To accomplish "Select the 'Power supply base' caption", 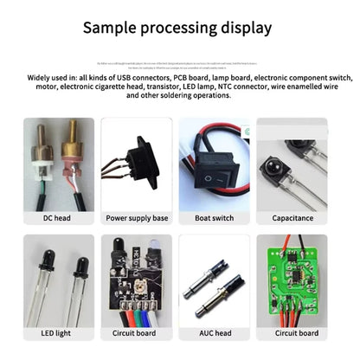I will point(137,218).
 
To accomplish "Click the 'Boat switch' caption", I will point(215,218).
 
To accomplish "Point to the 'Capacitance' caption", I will point(292,218).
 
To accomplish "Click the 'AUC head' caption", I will point(215,333).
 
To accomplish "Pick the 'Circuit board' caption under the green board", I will point(292,333).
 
